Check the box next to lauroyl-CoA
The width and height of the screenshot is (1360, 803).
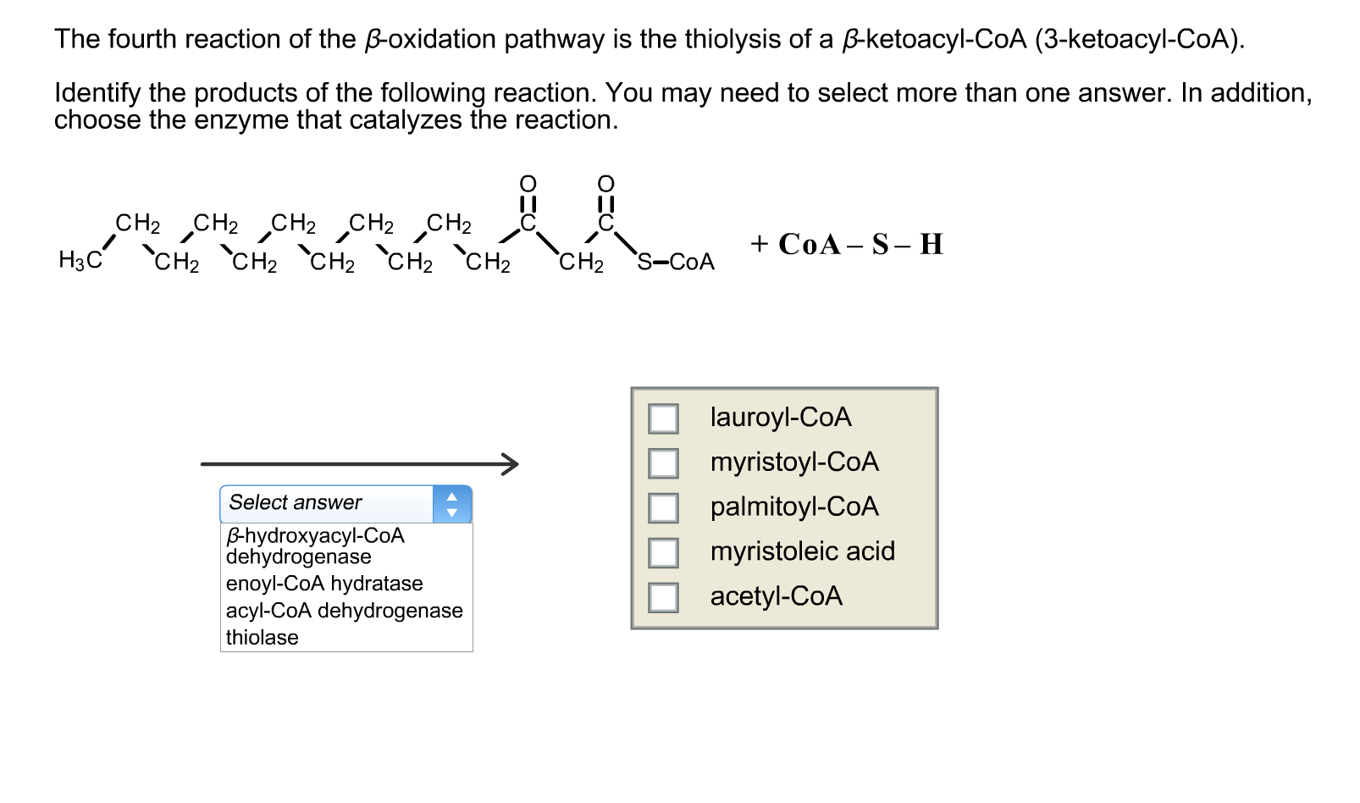point(663,418)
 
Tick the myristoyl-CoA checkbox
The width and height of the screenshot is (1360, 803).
point(663,463)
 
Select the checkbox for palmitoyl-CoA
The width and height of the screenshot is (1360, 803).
point(663,508)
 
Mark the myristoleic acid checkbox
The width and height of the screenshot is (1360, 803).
point(663,553)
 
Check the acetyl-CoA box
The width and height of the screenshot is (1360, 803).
point(663,598)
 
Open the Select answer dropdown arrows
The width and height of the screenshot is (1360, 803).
point(452,504)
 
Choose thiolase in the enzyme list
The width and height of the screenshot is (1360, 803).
point(263,638)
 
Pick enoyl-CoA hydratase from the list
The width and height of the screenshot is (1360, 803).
point(324,584)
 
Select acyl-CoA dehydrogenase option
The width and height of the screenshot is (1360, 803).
point(344,611)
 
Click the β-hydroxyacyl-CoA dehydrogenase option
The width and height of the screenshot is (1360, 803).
point(315,545)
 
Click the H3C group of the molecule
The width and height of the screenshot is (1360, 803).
point(80,260)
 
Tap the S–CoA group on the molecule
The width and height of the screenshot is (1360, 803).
point(676,262)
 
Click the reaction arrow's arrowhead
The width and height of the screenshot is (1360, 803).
point(510,463)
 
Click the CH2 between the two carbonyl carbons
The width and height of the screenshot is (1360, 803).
point(581,263)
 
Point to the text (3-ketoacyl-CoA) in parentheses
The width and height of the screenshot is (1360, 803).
point(1139,39)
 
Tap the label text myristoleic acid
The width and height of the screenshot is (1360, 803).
point(802,551)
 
